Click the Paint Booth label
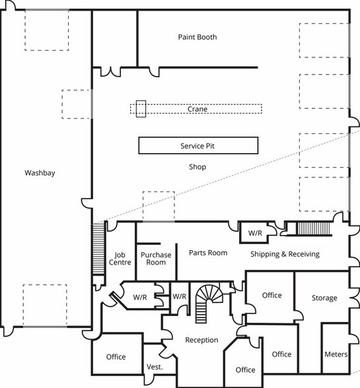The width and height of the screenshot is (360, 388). (197, 37)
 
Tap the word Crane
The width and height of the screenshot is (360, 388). (197, 109)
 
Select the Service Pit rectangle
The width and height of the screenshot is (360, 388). (198, 145)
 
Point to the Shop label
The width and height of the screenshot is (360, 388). (197, 167)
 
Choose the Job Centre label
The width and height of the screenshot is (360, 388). (120, 258)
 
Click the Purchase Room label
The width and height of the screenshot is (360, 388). (156, 258)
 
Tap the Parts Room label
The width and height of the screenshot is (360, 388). (207, 253)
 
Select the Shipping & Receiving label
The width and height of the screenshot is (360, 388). (285, 254)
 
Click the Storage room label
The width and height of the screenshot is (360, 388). (324, 298)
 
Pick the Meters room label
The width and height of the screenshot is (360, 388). (336, 354)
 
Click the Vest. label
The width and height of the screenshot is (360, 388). (154, 367)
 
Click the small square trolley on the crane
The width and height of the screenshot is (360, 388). (140, 109)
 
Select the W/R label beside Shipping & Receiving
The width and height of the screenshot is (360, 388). (255, 234)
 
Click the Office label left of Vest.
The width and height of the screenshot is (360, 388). (116, 357)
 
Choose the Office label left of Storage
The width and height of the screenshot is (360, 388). (272, 295)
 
